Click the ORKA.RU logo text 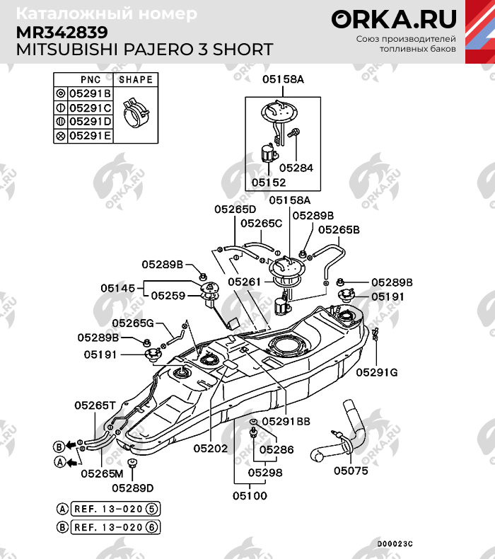[x=395, y=19]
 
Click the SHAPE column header [x=135, y=80]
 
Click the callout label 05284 [x=296, y=168]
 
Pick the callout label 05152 [x=269, y=182]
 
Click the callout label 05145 [x=117, y=288]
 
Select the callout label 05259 [x=168, y=296]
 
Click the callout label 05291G [x=376, y=371]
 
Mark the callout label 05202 [x=210, y=448]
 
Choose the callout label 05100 [x=250, y=495]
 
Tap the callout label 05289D [x=132, y=488]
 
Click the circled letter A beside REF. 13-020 [x=63, y=509]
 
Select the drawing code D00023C [x=393, y=543]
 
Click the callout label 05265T [x=95, y=405]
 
